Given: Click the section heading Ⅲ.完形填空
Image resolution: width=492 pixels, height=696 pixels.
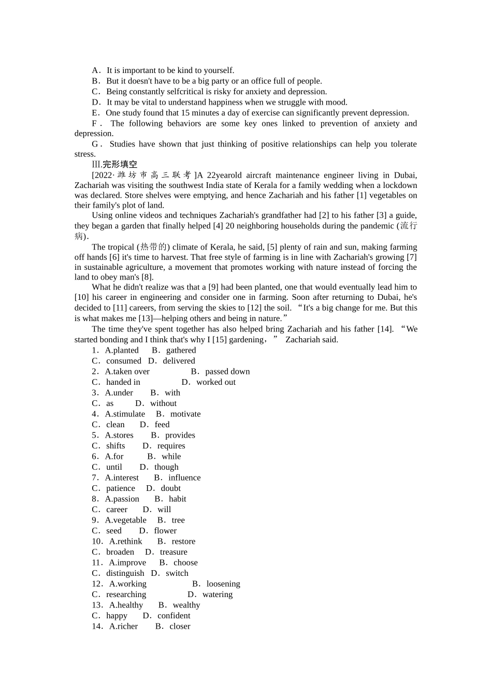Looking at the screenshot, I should [114, 165].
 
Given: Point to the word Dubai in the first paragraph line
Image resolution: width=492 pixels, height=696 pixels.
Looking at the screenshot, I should [405, 175].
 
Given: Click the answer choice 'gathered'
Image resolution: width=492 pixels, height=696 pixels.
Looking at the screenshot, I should [181, 350].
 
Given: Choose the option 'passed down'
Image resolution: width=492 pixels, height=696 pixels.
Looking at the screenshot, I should [227, 371].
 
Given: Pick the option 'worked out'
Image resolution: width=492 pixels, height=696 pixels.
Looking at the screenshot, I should [215, 382].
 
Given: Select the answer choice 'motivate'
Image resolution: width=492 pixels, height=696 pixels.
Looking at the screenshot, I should [185, 414].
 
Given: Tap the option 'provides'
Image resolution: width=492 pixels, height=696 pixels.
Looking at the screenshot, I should [180, 435].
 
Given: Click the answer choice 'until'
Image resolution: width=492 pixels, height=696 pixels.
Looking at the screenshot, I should [114, 467].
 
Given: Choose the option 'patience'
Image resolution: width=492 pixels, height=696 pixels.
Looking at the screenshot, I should [120, 488].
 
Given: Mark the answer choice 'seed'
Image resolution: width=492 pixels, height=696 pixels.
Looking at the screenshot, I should [113, 531].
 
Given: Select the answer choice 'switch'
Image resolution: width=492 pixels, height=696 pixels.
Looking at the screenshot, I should [177, 573].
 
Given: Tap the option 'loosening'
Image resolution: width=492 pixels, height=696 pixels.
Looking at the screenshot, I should [223, 584].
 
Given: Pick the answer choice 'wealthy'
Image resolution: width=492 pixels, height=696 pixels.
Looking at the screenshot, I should [186, 605].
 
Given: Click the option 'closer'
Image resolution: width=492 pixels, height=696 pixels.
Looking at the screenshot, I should [180, 626].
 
